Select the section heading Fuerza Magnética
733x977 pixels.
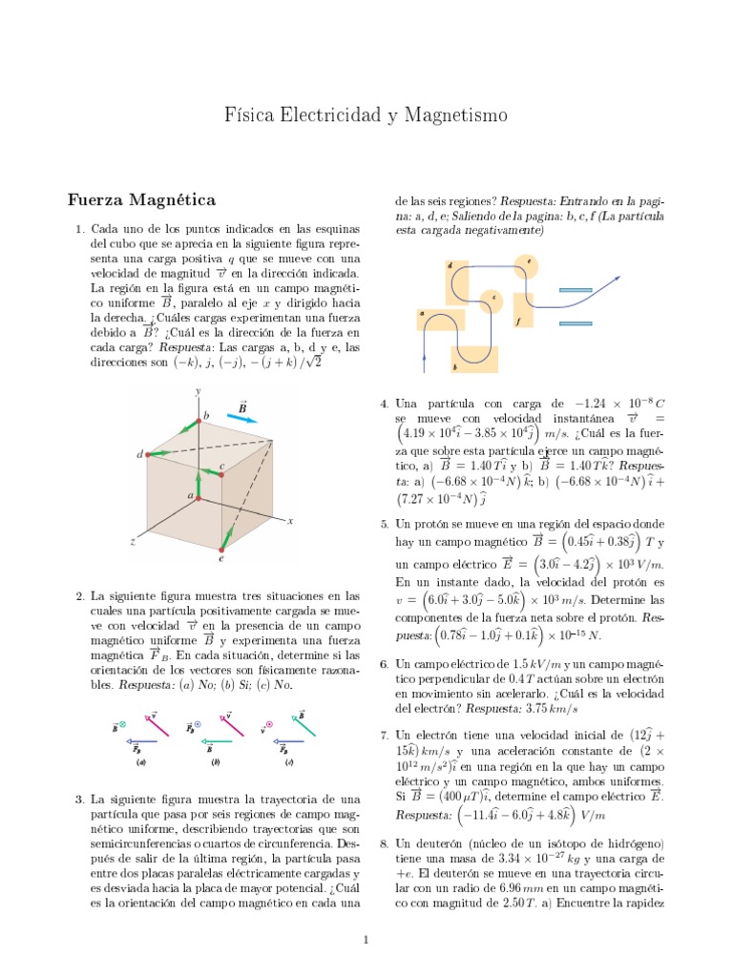point(142,199)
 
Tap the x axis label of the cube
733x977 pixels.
point(288,520)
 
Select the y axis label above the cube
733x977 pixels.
point(198,391)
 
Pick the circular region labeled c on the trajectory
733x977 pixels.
point(491,300)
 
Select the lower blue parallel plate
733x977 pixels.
point(582,322)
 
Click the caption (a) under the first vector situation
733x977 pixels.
point(140,762)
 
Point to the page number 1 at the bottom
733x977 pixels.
point(366,941)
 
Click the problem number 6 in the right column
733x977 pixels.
point(384,663)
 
